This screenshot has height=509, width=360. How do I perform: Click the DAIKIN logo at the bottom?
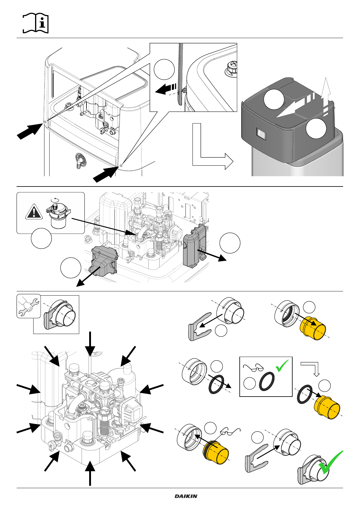click(x=186, y=496)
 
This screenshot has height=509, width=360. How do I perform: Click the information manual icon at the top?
click(x=36, y=23)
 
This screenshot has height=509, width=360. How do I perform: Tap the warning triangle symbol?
click(x=34, y=212)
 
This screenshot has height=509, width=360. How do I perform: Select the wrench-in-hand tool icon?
click(x=28, y=306)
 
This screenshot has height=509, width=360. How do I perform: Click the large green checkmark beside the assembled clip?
click(x=330, y=463)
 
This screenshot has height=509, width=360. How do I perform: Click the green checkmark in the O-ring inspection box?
click(x=282, y=366)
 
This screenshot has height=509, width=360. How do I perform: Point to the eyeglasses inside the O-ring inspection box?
click(x=253, y=368)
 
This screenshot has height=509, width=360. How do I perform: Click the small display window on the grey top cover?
click(x=260, y=134)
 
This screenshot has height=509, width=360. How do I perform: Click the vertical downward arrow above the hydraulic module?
click(x=90, y=343)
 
